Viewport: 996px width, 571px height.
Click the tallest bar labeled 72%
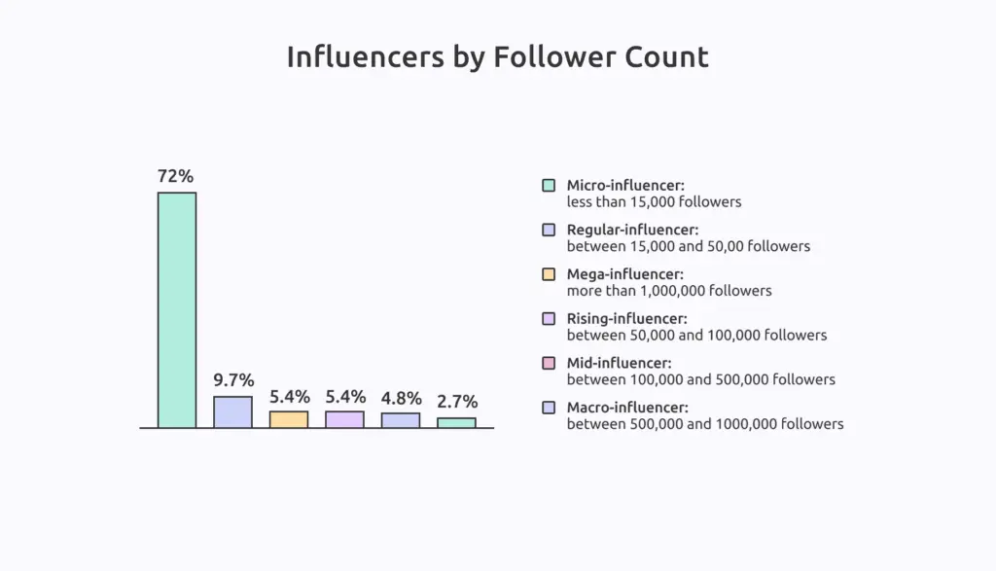pyautogui.click(x=177, y=309)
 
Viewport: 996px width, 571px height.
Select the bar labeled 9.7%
pyautogui.click(x=232, y=411)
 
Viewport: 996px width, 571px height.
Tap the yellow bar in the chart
pyautogui.click(x=289, y=419)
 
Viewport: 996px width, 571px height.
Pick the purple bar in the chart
pyautogui.click(x=344, y=419)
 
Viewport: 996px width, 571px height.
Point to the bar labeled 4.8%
pyautogui.click(x=401, y=420)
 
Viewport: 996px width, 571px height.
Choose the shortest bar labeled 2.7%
pyautogui.click(x=456, y=422)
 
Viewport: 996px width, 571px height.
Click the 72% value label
pyautogui.click(x=176, y=176)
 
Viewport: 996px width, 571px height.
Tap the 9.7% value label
pyautogui.click(x=233, y=379)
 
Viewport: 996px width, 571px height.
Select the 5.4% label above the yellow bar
pyautogui.click(x=289, y=396)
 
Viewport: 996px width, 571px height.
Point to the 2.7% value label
pyautogui.click(x=457, y=402)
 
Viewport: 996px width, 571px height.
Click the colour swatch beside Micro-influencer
pyautogui.click(x=549, y=185)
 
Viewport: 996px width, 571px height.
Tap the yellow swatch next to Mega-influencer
pyautogui.click(x=549, y=273)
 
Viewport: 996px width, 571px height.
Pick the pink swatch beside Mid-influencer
pyautogui.click(x=549, y=363)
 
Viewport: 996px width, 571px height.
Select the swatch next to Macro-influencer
pyautogui.click(x=549, y=408)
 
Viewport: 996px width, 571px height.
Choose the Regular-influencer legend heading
pyautogui.click(x=632, y=230)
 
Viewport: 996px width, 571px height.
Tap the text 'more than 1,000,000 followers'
pyautogui.click(x=669, y=290)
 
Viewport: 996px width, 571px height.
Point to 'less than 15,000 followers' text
pyautogui.click(x=654, y=201)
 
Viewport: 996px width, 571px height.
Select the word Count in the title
pyautogui.click(x=669, y=57)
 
